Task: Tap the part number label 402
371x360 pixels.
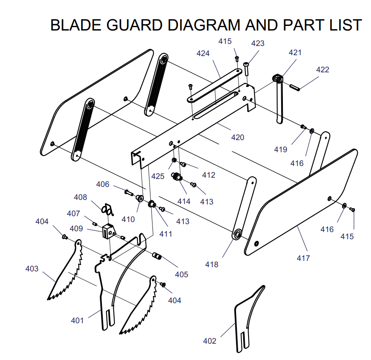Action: click(x=210, y=341)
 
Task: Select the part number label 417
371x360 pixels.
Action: click(x=303, y=258)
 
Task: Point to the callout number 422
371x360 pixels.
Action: click(x=323, y=69)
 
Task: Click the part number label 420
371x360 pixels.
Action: click(x=238, y=138)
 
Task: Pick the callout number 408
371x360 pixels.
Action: click(x=81, y=197)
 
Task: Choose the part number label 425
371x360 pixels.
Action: click(x=158, y=176)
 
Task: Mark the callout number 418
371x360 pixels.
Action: click(x=212, y=264)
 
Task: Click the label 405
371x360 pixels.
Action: click(x=181, y=275)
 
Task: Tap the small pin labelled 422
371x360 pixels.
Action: click(x=295, y=87)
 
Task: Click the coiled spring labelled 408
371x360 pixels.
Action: click(x=107, y=209)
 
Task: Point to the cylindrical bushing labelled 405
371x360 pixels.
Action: click(x=157, y=256)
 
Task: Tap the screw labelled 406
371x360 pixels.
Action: click(x=129, y=193)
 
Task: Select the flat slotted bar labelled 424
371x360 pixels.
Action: click(x=214, y=86)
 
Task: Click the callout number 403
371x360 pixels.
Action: click(x=32, y=268)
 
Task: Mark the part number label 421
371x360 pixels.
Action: click(x=295, y=52)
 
